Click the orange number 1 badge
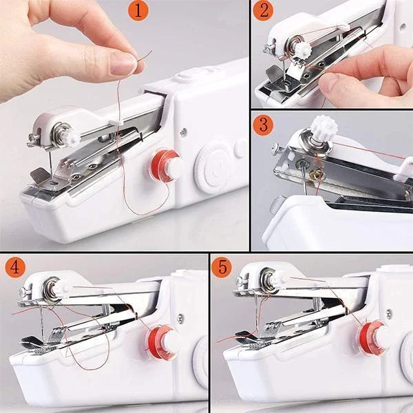(138, 10)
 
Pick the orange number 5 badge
(221, 266)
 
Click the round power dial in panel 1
(211, 164)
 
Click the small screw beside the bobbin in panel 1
(184, 132)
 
